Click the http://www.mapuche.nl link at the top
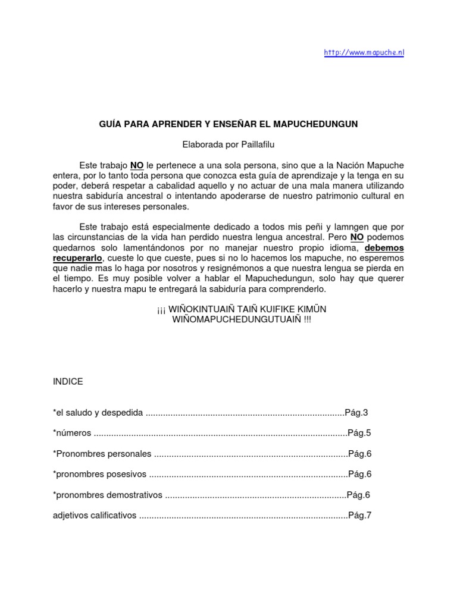[364, 52]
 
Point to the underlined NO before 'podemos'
[356, 236]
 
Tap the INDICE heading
[68, 381]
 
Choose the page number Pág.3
[357, 412]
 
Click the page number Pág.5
[359, 433]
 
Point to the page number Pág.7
[360, 515]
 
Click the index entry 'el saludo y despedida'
[98, 412]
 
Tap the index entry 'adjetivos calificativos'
[95, 515]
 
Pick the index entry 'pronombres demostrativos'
[107, 495]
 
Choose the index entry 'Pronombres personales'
[102, 453]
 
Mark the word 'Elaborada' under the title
[201, 144]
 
